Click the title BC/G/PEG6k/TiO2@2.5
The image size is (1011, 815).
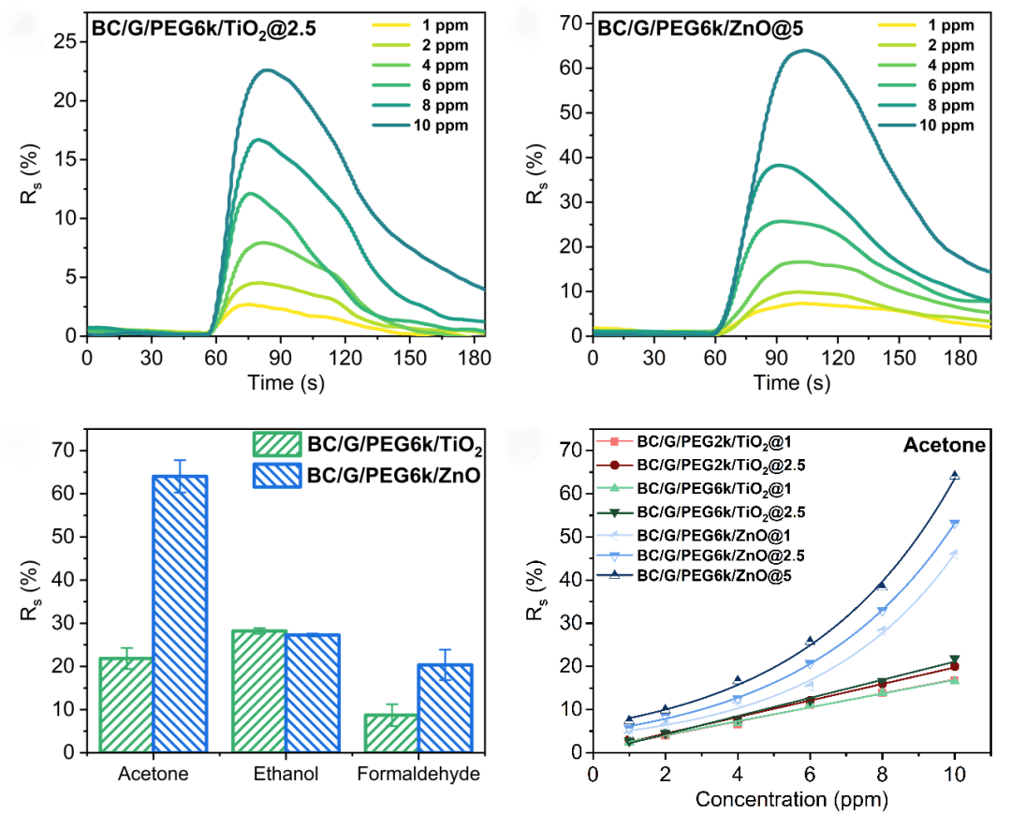coord(203,28)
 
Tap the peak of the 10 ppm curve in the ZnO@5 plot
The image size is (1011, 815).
coord(806,51)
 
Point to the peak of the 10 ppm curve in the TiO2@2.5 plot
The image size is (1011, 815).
coord(268,70)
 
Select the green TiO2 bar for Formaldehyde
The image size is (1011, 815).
coord(390,733)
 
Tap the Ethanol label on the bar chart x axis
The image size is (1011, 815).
coord(286,775)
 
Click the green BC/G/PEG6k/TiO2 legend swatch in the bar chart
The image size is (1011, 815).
coord(276,444)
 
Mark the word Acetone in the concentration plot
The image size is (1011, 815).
coord(944,446)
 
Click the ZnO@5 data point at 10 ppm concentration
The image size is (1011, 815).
coord(955,476)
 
